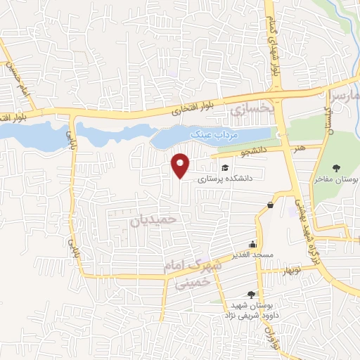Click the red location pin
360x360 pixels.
[181, 165]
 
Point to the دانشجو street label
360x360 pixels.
[250, 151]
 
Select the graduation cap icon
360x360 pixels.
[225, 167]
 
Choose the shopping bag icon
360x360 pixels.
[270, 205]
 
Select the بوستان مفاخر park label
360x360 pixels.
[336, 180]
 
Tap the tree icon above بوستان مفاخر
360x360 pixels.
[336, 167]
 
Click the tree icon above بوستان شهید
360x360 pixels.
[250, 295]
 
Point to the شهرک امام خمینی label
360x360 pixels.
[191, 275]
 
